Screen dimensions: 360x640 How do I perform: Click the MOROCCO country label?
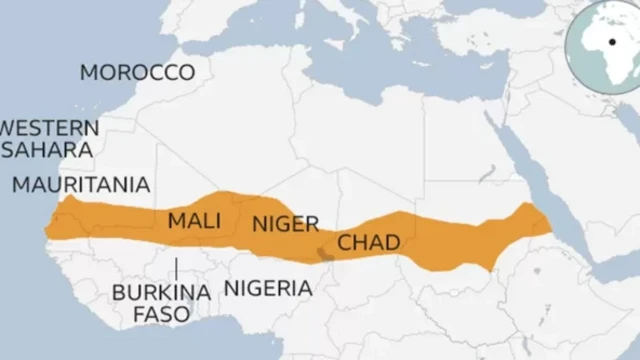tap(137, 72)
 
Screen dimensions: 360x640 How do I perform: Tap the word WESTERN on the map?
tap(50, 128)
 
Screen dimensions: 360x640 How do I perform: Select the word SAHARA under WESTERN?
tap(50, 149)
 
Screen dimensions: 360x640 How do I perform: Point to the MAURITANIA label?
tap(81, 185)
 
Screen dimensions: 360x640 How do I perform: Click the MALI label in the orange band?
tap(194, 220)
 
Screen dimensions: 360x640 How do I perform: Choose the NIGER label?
tap(285, 223)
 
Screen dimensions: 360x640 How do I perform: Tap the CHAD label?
tap(369, 242)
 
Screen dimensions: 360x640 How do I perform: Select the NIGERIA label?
tap(267, 289)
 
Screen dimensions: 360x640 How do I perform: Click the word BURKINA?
tap(161, 293)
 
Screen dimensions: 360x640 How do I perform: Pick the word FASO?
tap(161, 315)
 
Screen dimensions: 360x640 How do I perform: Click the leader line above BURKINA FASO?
tap(176, 268)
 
